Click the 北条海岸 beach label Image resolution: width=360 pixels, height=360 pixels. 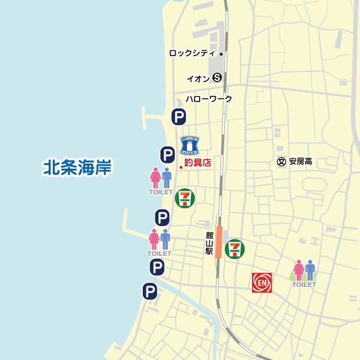coord(77,168)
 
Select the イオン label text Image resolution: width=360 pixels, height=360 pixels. coord(198,78)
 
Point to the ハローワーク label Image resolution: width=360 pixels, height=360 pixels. coord(208,99)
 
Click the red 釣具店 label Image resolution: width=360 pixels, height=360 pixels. coord(198,163)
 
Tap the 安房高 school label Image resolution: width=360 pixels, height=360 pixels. coord(301,162)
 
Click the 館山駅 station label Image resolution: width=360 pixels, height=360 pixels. coord(209,243)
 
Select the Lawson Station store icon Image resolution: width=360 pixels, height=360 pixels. coord(189,145)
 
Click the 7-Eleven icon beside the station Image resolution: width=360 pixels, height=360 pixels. coord(234,248)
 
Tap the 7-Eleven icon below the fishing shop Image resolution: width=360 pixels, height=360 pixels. coord(184,198)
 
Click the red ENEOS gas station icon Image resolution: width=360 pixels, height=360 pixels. coord(261,282)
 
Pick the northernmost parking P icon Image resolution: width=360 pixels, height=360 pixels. coord(179,116)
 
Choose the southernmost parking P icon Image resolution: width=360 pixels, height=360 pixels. coord(150,291)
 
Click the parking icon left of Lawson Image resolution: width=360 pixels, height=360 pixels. coord(167,154)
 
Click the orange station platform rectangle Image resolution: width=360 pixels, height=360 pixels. coord(219,242)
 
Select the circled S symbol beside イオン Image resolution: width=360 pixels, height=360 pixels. coord(217,78)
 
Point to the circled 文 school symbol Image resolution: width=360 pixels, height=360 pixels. coord(282,162)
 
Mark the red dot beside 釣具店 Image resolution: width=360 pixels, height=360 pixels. coord(181,167)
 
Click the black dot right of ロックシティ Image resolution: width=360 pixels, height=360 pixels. coord(221,54)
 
